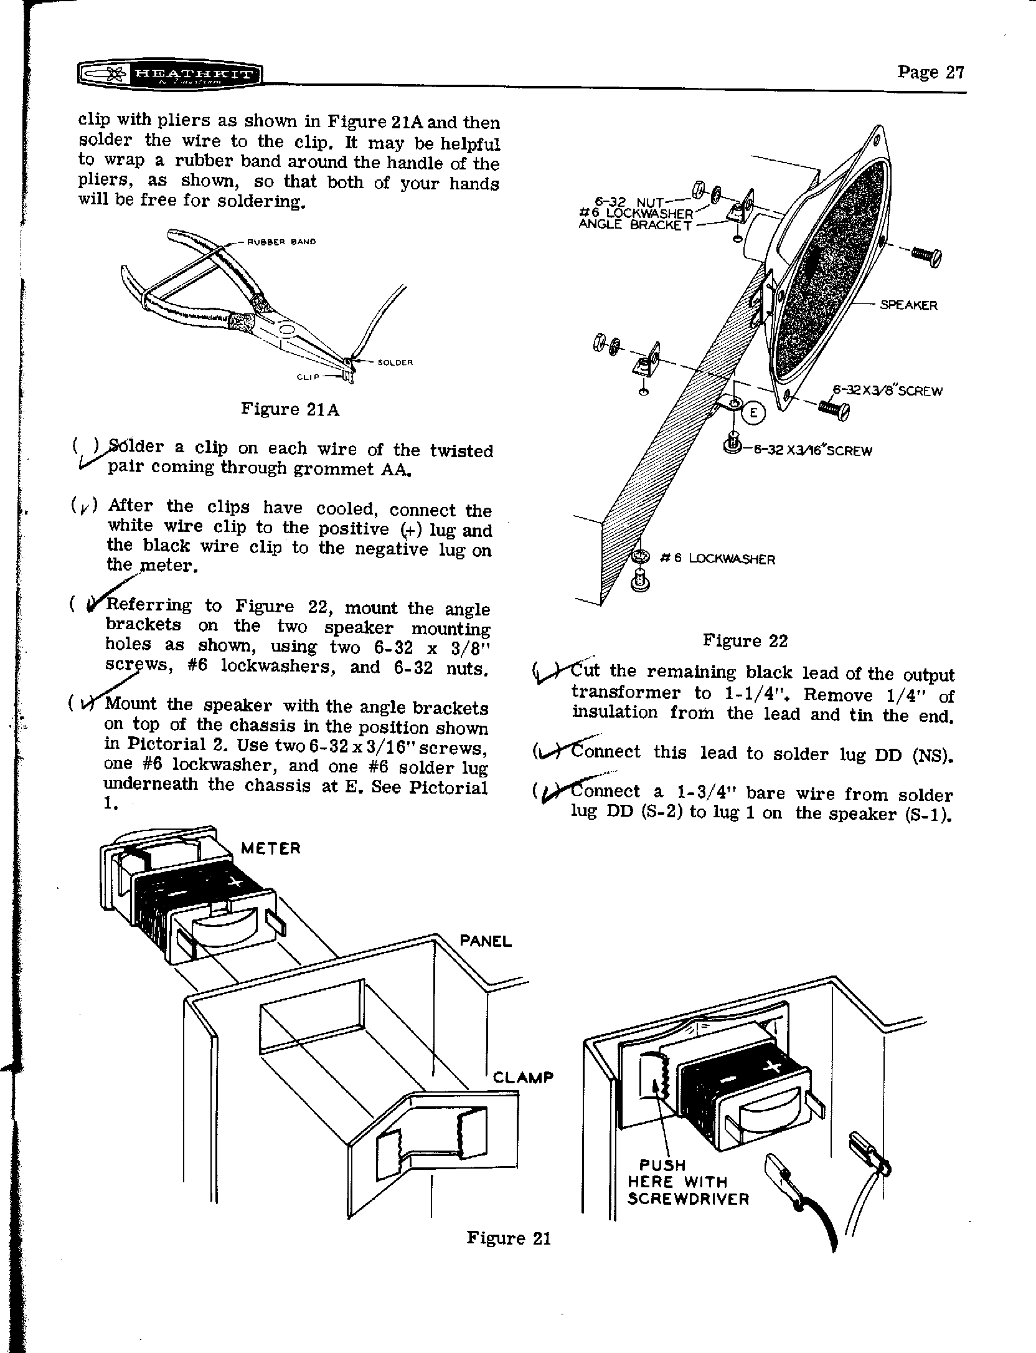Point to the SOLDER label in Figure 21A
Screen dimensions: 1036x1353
pyautogui.click(x=396, y=362)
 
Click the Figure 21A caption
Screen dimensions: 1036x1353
pyautogui.click(x=290, y=409)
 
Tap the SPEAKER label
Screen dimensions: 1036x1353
pyautogui.click(x=908, y=305)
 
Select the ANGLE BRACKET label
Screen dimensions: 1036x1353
pyautogui.click(x=635, y=225)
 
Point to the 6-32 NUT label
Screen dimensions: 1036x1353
pyautogui.click(x=629, y=201)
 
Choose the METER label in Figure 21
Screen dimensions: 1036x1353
pyautogui.click(x=270, y=848)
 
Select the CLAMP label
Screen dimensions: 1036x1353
pyautogui.click(x=523, y=1077)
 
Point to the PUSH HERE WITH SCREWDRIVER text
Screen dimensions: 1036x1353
pyautogui.click(x=688, y=1182)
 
